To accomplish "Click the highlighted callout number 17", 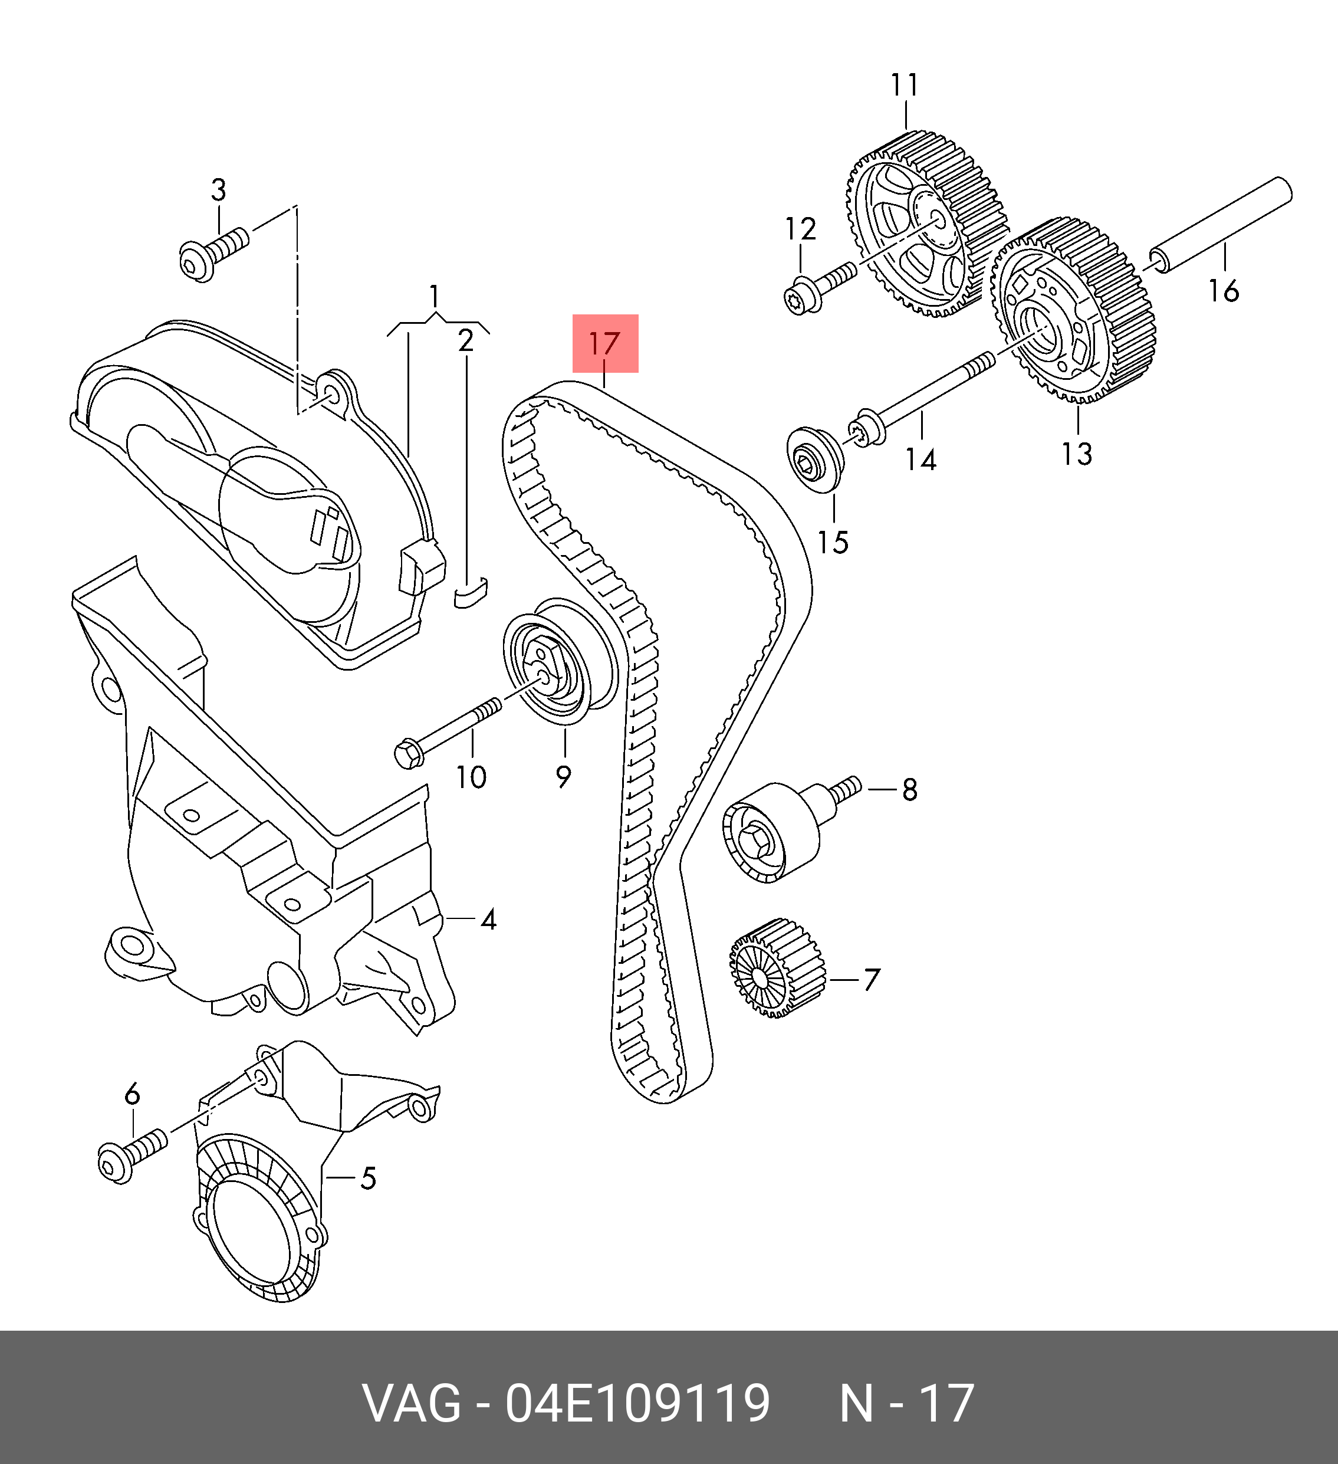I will (605, 343).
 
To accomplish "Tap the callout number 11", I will (905, 86).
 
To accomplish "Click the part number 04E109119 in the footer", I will (637, 1403).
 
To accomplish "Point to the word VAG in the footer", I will (412, 1403).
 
